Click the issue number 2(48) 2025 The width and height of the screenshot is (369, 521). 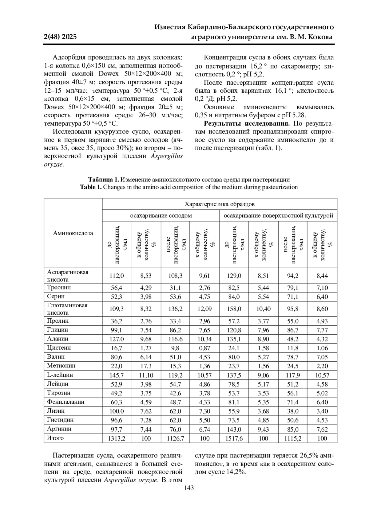pos(60,37)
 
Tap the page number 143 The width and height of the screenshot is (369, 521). pos(189,488)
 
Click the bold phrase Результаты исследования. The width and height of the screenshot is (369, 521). pos(247,124)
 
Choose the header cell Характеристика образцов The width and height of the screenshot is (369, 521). pos(219,204)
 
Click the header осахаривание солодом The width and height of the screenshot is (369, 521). pos(161,216)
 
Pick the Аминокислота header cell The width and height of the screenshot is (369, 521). pos(73,233)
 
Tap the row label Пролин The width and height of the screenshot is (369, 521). pos(58,321)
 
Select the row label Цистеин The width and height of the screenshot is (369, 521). pos(59,348)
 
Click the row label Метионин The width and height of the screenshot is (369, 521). pos(61,366)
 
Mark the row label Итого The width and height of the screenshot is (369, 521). pos(55,438)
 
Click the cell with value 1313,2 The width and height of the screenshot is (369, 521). pos(117,438)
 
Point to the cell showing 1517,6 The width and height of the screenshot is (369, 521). pos(234,438)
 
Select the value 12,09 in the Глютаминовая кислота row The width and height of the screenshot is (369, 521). pos(204,309)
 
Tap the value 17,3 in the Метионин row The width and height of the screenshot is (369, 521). pos(146,366)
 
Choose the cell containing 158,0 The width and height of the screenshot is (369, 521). pos(234,309)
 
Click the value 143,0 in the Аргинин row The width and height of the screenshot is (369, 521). pos(234,429)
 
